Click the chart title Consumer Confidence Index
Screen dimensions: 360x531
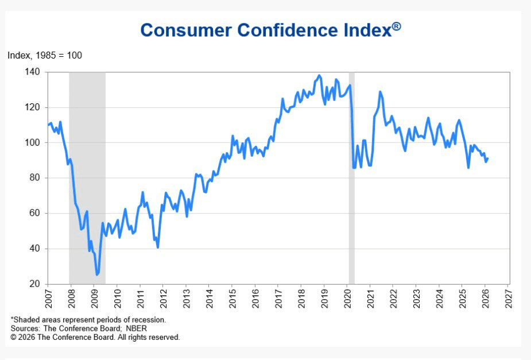pyautogui.click(x=265, y=30)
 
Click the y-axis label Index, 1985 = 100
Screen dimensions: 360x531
pyautogui.click(x=45, y=56)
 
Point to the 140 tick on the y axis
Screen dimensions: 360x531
pyautogui.click(x=32, y=72)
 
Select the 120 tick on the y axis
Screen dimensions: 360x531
pyautogui.click(x=32, y=107)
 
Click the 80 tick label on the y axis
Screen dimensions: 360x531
pyautogui.click(x=34, y=178)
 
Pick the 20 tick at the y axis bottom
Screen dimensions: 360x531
pyautogui.click(x=34, y=284)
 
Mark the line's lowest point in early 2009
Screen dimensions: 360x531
pyautogui.click(x=97, y=275)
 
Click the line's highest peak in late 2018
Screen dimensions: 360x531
pyautogui.click(x=319, y=75)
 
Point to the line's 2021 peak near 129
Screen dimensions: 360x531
pyautogui.click(x=379, y=92)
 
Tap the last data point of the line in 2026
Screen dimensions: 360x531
pyautogui.click(x=487, y=159)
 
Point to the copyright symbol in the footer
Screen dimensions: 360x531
pyautogui.click(x=14, y=338)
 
